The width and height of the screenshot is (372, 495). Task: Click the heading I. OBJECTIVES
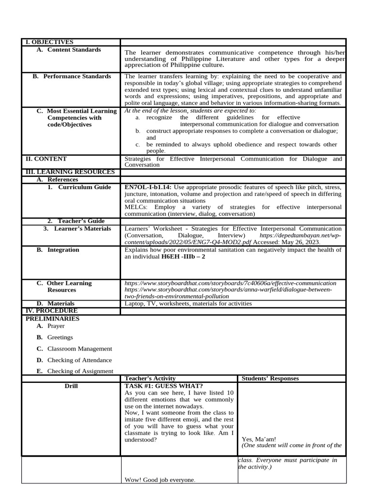tap(49, 42)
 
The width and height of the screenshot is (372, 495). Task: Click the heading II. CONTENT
tap(46, 159)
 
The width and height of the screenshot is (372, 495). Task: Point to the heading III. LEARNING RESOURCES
tap(70, 172)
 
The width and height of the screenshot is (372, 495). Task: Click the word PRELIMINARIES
tap(52, 319)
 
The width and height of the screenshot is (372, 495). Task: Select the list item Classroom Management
tap(79, 349)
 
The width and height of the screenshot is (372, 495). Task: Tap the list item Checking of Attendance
tap(79, 360)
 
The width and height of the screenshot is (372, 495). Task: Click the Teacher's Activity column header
tap(150, 378)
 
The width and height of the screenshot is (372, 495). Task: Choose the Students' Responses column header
tap(270, 378)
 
